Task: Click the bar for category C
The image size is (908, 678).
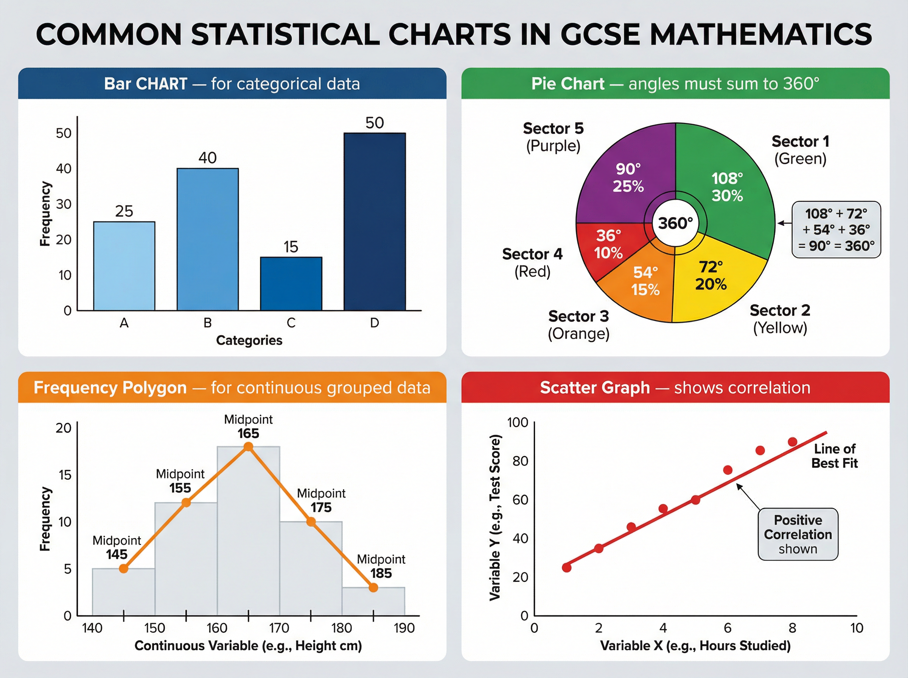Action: pos(291,284)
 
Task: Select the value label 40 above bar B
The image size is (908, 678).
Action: pos(208,158)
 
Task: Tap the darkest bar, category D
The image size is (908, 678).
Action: pos(375,222)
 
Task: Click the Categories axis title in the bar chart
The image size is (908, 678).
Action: pos(249,340)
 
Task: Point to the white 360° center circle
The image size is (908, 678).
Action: pos(675,223)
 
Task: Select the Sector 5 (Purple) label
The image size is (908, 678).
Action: pos(553,137)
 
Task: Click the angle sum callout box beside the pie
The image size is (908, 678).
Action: pos(836,229)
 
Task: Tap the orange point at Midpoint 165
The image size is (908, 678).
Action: pos(248,446)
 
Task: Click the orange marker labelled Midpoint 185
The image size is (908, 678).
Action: pos(373,588)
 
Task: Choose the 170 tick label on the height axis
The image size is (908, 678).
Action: pos(279,628)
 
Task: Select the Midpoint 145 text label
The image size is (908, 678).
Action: pos(117,547)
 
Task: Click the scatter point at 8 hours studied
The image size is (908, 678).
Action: pos(792,442)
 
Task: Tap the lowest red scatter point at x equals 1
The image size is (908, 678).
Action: pos(567,568)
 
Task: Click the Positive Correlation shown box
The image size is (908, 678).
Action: pos(798,534)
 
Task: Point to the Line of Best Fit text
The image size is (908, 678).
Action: pos(835,456)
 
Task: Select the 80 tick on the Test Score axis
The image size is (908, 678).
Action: pos(520,461)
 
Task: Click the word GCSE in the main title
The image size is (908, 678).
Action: pos(599,34)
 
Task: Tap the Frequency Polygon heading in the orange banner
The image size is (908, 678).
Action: pos(110,387)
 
